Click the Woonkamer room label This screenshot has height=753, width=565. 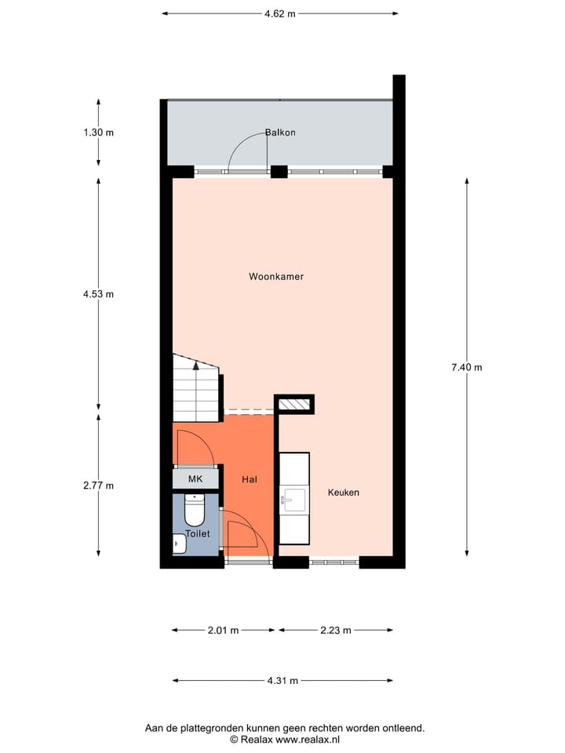point(276,277)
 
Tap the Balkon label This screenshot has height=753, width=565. point(280,133)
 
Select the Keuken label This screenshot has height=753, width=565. point(344,493)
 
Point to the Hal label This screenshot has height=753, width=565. point(250,478)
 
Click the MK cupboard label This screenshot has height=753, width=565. point(195,478)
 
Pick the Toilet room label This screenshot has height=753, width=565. point(198,533)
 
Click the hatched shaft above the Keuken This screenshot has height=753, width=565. point(295,403)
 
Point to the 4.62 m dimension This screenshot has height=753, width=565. point(279,13)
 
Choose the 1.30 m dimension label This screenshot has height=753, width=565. point(98,133)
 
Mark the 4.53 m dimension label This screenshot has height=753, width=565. point(98,294)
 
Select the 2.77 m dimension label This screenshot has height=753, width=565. point(98,486)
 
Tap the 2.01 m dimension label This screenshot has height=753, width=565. point(224,630)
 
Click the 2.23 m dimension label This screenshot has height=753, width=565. point(335,630)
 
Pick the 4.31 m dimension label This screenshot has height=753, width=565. point(282,681)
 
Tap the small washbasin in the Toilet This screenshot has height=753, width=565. point(180,543)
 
